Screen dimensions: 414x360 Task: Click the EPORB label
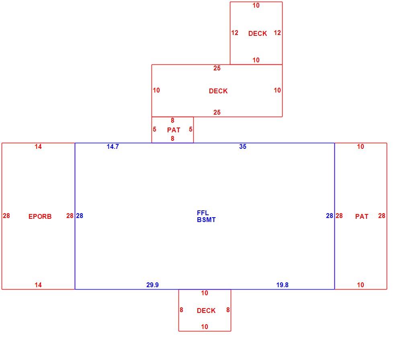coord(40,216)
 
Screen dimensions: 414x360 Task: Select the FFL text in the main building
coord(203,213)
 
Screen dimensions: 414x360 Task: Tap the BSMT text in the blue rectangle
coord(206,220)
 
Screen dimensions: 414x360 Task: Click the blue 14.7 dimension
coord(113,146)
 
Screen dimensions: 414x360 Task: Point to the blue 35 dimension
coord(243,146)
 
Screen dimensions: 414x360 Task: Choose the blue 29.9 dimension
coord(152,285)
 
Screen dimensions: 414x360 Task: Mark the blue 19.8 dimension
coord(282,285)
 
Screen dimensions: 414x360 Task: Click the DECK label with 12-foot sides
coord(258,33)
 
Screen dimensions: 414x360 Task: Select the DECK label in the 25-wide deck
coord(218,91)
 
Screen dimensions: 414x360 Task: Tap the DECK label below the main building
coord(206,311)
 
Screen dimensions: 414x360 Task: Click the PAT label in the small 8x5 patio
coord(174,130)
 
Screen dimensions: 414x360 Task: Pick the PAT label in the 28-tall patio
coord(362,216)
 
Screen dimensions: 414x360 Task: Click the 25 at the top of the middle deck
coord(217,68)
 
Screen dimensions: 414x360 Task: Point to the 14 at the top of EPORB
coord(38,146)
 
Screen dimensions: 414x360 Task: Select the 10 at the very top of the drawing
coord(256,6)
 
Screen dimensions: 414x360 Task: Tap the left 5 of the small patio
coord(154,129)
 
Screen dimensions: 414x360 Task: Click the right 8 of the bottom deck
coord(228,310)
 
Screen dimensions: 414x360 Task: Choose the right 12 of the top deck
coord(277,33)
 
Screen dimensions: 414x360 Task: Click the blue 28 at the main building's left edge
coord(80,216)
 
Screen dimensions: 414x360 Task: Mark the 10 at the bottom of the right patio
coord(361,285)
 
